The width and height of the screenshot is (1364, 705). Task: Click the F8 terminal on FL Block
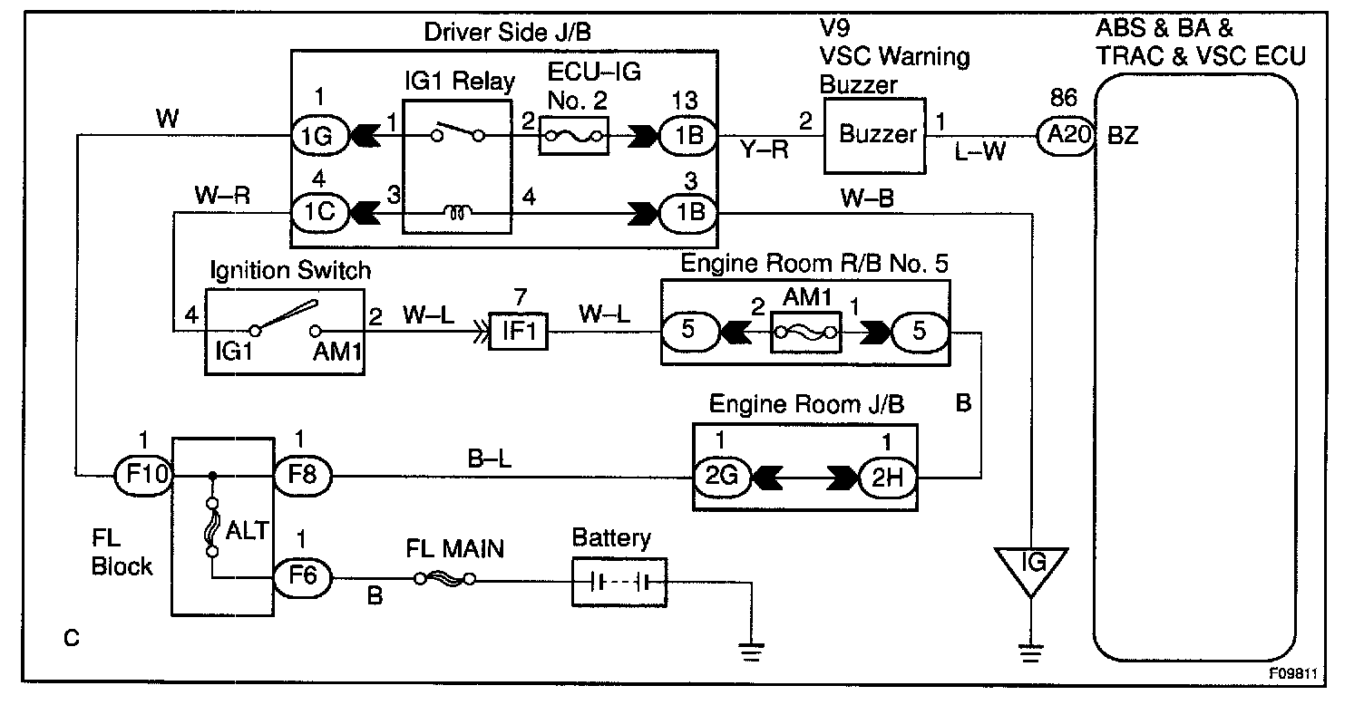point(302,474)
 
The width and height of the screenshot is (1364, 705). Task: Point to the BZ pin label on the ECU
point(1123,137)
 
